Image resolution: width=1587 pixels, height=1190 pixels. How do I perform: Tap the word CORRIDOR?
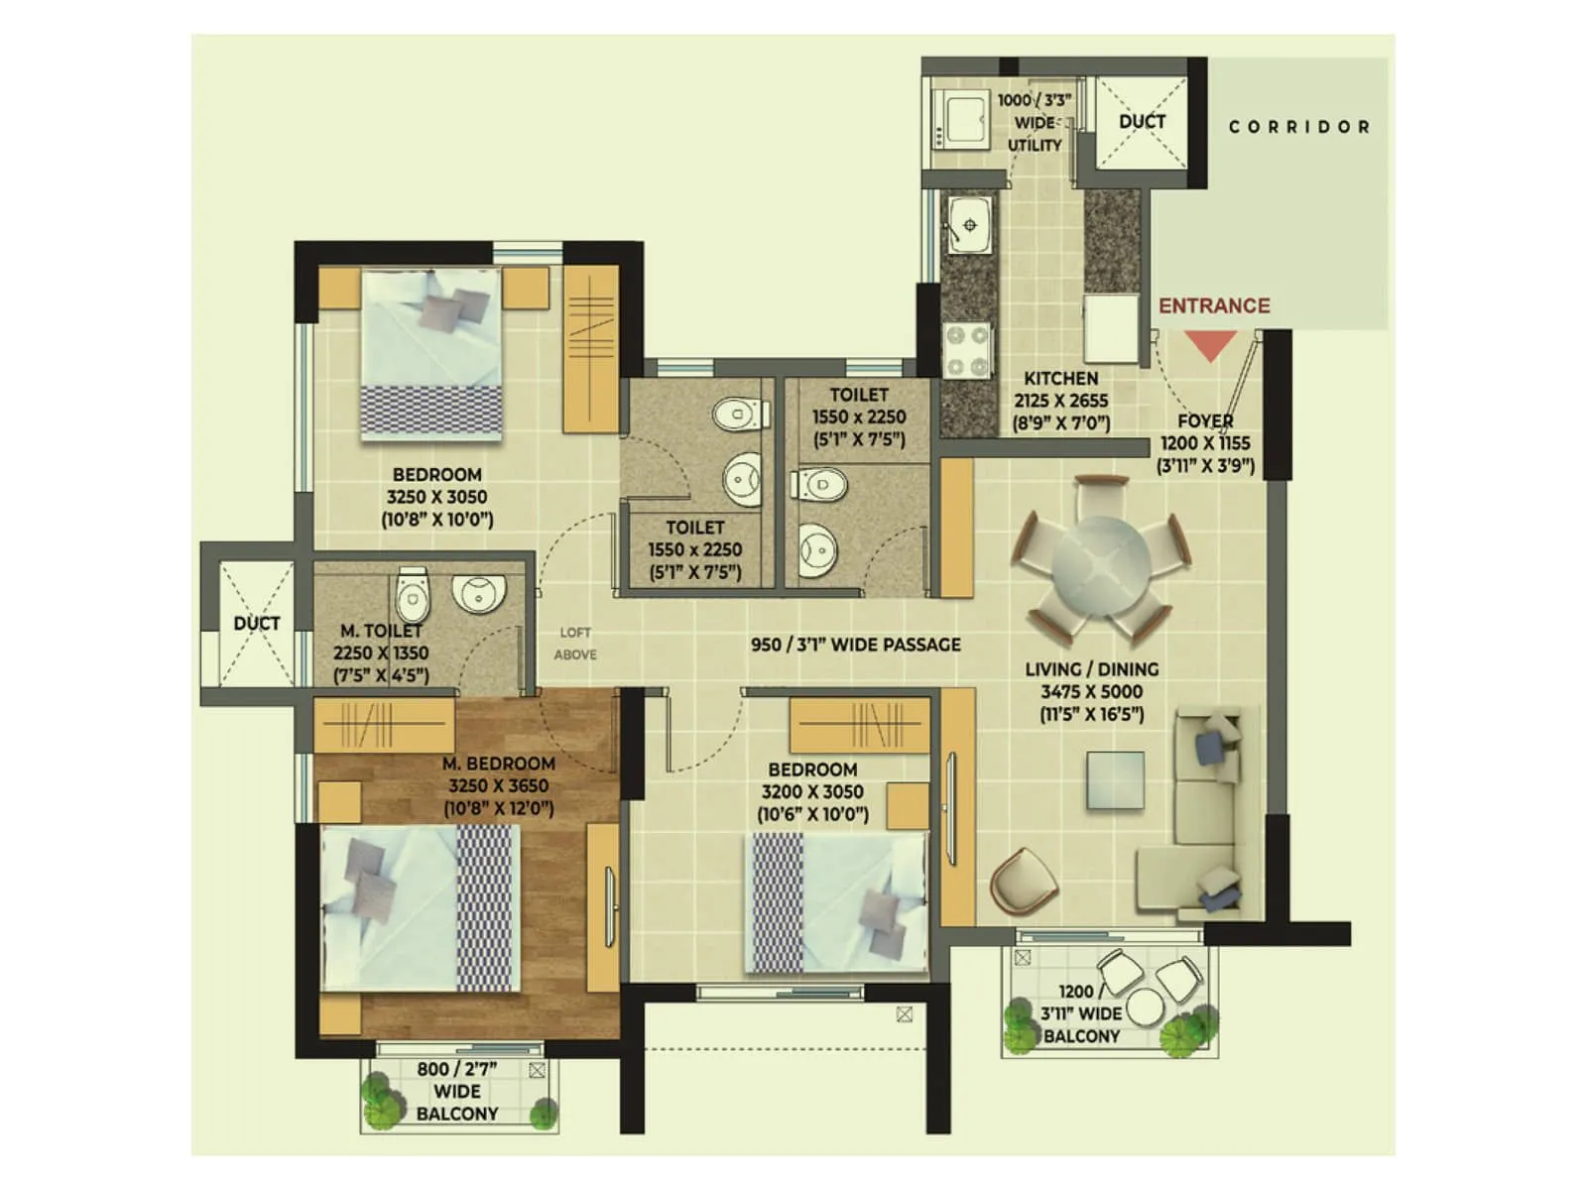1299,127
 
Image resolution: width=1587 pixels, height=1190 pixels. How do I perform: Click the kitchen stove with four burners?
967,351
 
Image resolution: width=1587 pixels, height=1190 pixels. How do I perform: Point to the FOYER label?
1205,421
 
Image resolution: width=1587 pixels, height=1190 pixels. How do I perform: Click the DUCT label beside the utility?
1142,122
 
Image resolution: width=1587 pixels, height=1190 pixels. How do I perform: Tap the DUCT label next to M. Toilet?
256,624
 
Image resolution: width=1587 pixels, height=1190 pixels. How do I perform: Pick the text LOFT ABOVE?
575,644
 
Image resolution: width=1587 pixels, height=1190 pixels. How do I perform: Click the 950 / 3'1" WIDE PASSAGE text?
855,645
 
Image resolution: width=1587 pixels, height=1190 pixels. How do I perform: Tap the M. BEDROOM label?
498,764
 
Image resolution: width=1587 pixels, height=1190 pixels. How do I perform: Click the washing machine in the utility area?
961,121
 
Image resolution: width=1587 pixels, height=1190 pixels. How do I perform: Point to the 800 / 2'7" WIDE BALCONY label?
457,1091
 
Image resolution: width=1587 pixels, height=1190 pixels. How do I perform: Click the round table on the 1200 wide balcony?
1144,1007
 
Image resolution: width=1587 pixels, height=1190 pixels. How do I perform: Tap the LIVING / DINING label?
1091,669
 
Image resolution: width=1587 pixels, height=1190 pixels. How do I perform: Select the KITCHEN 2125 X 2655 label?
1060,401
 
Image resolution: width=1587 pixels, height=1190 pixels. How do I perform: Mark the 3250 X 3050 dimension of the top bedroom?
436,497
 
